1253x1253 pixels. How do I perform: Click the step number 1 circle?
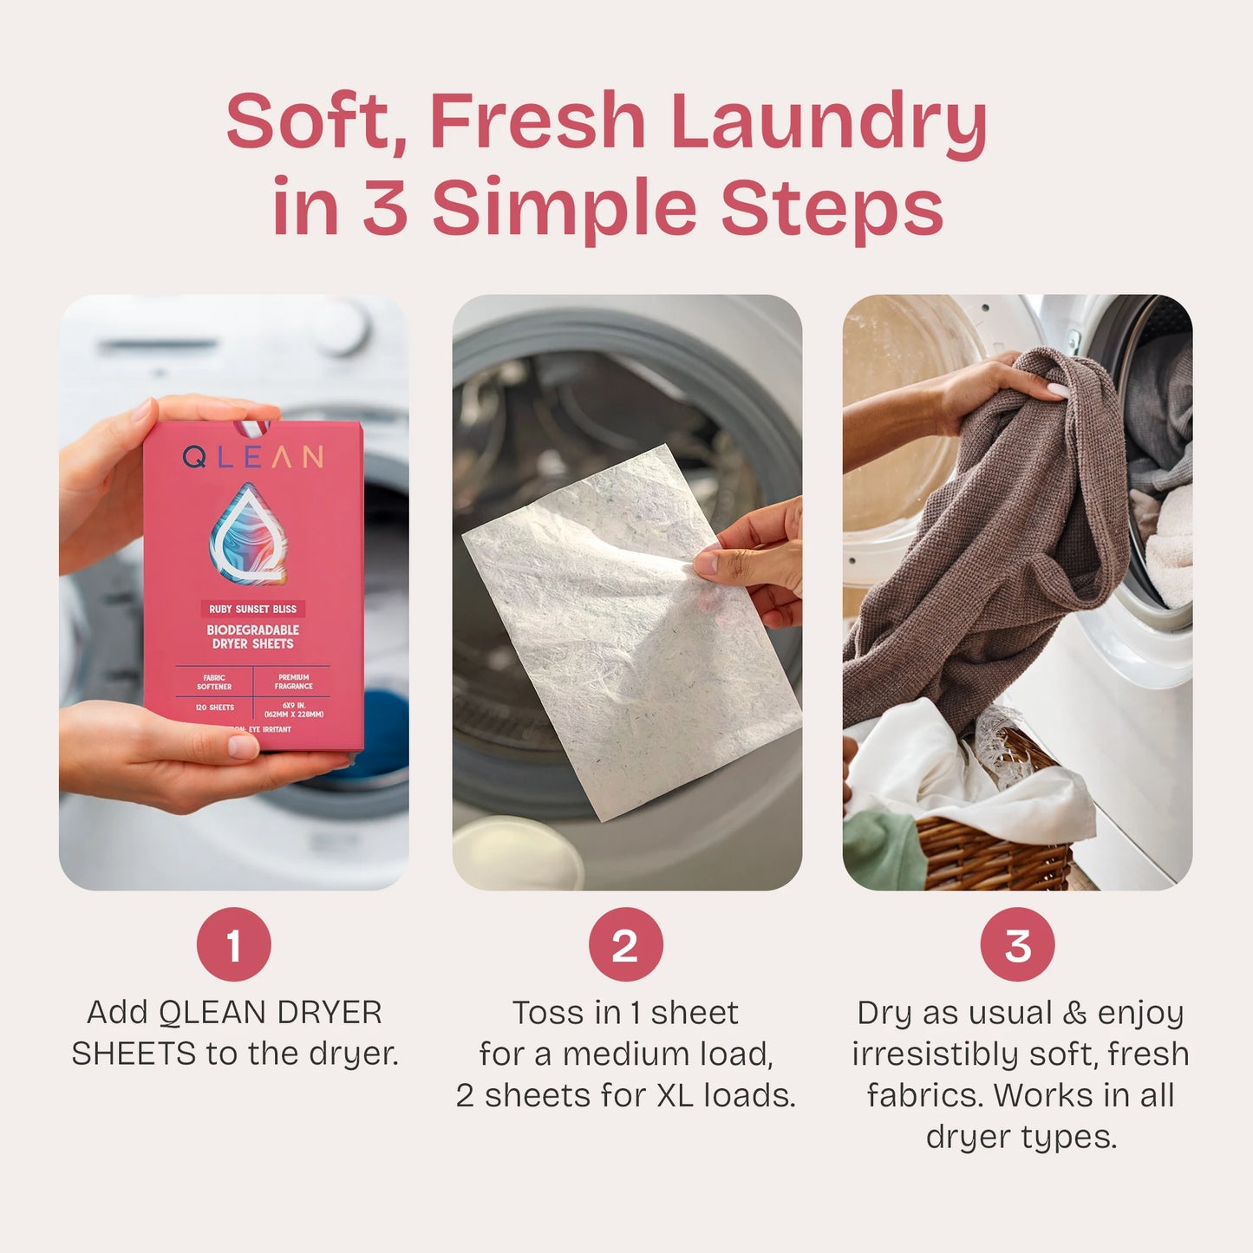[x=233, y=944]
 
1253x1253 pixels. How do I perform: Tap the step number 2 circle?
[x=625, y=944]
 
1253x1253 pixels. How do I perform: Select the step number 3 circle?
[x=1017, y=944]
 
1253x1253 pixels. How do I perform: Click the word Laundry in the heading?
[x=828, y=121]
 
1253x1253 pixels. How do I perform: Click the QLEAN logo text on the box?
[x=253, y=457]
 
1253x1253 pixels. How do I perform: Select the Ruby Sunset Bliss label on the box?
[x=252, y=609]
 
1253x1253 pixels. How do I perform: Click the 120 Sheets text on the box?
[x=214, y=708]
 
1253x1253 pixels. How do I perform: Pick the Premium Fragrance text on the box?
[x=293, y=682]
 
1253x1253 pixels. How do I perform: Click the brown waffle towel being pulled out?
[x=980, y=555]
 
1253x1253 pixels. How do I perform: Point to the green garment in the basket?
[x=880, y=850]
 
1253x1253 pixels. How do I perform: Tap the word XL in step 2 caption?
[x=675, y=1095]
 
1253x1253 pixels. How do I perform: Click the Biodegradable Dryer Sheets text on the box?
[x=252, y=636]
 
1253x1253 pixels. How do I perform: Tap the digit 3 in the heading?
[x=385, y=208]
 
